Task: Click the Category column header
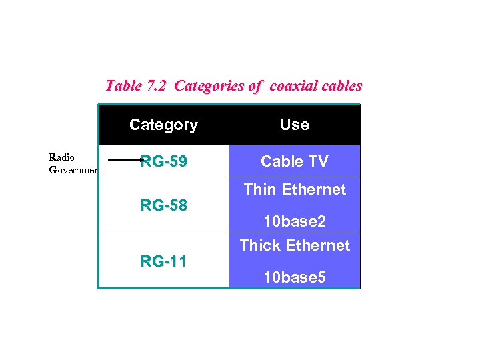(x=163, y=125)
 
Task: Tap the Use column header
(x=295, y=125)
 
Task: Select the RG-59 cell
(x=163, y=161)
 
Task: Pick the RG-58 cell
(x=163, y=205)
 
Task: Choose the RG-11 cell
(x=163, y=261)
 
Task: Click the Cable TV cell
(x=295, y=161)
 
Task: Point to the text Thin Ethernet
(x=295, y=189)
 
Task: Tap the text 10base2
(x=295, y=221)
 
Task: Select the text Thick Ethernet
(x=295, y=245)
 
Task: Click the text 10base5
(x=295, y=277)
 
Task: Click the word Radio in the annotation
(x=62, y=157)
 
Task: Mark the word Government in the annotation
(x=76, y=169)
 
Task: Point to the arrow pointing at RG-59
(x=125, y=160)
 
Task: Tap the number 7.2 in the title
(x=158, y=86)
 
